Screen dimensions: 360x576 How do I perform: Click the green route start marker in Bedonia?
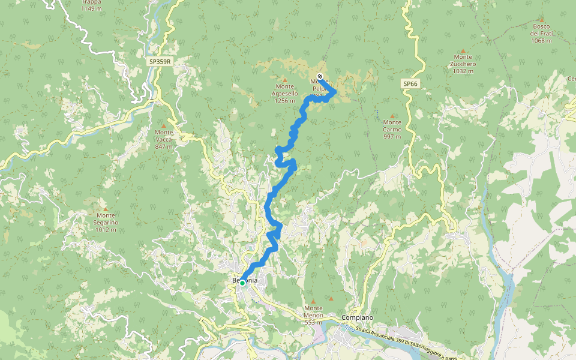[242, 283]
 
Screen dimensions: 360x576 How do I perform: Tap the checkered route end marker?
[320, 76]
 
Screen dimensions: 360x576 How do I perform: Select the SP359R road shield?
[161, 61]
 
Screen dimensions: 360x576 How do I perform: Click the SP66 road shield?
[410, 84]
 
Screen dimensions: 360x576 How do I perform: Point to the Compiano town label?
[357, 317]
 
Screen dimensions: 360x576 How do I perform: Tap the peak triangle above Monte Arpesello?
[284, 80]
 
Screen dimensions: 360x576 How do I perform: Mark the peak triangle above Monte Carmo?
[392, 116]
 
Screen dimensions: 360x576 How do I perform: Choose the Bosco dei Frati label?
[541, 33]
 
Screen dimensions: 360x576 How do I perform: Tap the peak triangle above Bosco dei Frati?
[541, 19]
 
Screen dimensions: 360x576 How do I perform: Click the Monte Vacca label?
[164, 139]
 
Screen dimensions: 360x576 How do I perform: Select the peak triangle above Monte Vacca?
[164, 125]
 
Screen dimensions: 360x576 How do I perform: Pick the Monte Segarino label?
[106, 222]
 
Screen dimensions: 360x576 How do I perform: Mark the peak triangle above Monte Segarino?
[106, 208]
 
